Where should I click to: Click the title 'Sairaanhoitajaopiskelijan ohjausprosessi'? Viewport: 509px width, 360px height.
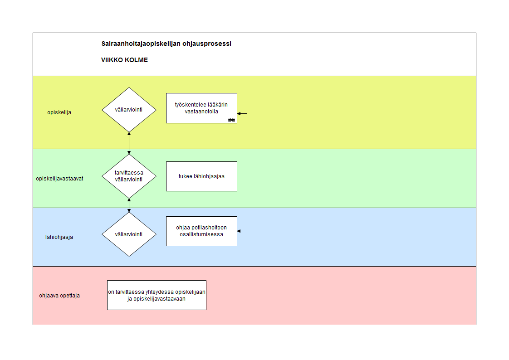(166, 44)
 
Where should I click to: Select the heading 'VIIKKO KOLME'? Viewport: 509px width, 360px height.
(124, 60)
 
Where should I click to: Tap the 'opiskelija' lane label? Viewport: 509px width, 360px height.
(59, 112)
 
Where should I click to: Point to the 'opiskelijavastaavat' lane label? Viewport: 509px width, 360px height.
(59, 179)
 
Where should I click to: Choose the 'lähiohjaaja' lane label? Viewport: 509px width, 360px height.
(59, 237)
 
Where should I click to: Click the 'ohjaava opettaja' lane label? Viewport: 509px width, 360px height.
(59, 296)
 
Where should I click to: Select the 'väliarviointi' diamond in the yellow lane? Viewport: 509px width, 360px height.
(129, 110)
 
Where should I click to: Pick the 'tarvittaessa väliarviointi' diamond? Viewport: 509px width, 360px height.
(129, 176)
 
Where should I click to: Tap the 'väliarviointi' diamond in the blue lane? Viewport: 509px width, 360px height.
(129, 234)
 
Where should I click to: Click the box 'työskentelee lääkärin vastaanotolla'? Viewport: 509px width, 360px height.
(201, 108)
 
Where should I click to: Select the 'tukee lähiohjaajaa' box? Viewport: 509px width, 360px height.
(201, 176)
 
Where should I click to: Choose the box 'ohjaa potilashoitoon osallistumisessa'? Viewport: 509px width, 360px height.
(201, 231)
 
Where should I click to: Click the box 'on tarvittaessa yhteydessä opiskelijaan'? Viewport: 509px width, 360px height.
(157, 295)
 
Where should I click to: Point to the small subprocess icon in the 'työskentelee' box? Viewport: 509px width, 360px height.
(231, 120)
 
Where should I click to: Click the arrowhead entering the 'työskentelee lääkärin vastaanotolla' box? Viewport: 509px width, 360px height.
(239, 113)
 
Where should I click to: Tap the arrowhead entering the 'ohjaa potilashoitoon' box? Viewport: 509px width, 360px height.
(239, 231)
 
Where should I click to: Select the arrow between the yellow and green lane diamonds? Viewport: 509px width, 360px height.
(129, 143)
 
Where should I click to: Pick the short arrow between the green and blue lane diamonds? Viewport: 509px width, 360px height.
(129, 205)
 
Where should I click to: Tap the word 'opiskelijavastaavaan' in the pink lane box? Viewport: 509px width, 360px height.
(159, 299)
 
